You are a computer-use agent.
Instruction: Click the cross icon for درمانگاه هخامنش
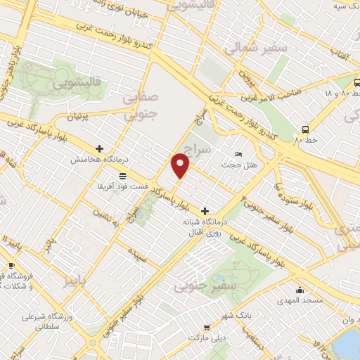[x=99, y=149]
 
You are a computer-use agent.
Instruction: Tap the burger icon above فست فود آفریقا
[x=122, y=176]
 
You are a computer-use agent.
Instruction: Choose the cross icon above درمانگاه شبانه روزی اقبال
[x=205, y=210]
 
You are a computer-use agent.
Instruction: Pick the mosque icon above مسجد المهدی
[x=300, y=290]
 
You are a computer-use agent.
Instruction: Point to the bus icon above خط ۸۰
[x=305, y=129]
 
